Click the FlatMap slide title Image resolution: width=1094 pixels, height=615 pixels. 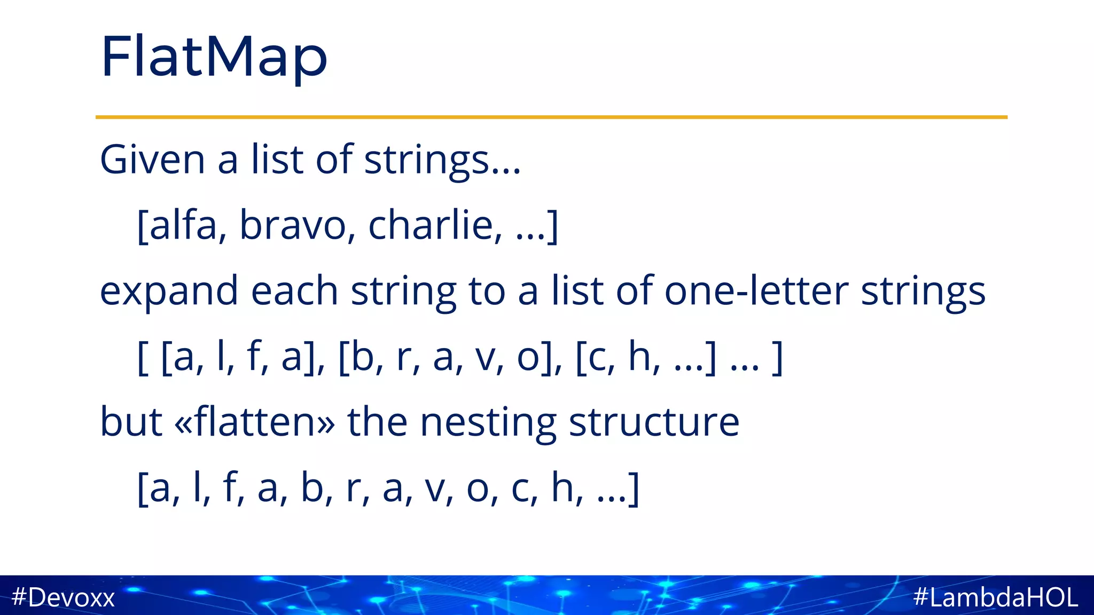[214, 57]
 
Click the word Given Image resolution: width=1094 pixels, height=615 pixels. [152, 160]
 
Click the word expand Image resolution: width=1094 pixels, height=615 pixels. [169, 291]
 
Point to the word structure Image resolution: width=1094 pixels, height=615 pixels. [654, 422]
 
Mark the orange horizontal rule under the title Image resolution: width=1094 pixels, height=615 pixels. [551, 117]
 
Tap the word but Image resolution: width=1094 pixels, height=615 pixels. [131, 422]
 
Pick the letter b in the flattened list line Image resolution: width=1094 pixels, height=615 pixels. [312, 487]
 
